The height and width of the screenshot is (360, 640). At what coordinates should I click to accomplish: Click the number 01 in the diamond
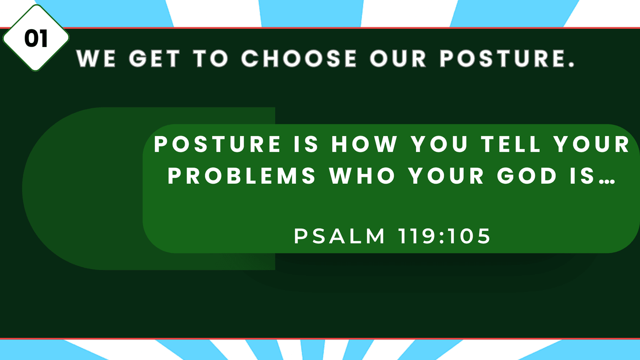pos(36,38)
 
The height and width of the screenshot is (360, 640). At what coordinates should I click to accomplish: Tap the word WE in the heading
pos(96,58)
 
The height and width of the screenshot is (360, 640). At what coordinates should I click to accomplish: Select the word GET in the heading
pos(155,58)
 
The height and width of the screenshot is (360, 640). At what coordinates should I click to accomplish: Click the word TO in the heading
pos(211,58)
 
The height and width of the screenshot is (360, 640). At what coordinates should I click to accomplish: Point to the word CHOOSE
pos(299,58)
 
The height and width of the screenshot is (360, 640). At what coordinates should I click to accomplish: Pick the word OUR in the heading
pos(398,58)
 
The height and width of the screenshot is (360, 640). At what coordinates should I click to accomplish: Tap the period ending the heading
pos(571,65)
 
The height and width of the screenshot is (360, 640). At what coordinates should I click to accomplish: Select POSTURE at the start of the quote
pos(218,144)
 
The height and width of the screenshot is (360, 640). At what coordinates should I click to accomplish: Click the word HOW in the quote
pos(364,144)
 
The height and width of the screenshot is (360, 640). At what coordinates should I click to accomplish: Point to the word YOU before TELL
pos(439,144)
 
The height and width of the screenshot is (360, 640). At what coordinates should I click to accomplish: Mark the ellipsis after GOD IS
pos(607,181)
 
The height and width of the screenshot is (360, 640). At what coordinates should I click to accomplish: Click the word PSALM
pos(339,236)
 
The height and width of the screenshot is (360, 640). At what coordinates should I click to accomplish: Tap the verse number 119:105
pos(444,236)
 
